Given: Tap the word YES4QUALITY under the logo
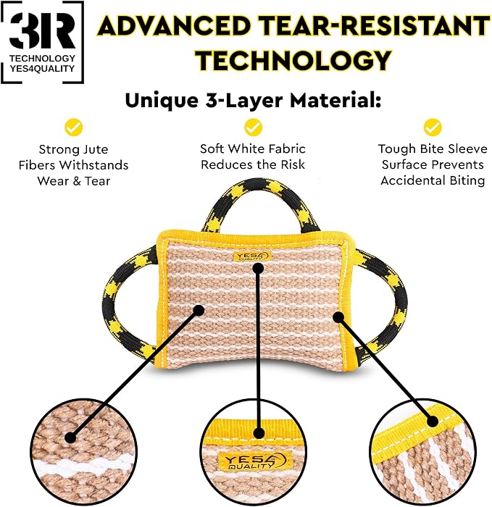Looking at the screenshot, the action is point(42,69).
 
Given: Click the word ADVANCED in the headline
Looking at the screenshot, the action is point(175,25).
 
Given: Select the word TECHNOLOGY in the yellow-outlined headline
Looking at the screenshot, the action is point(294,60).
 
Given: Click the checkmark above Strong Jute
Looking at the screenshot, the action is point(73,127).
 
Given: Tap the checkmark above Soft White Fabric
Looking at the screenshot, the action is point(253,127).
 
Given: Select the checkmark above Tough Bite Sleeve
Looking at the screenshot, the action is point(433,127).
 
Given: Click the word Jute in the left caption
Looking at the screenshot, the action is point(96,149).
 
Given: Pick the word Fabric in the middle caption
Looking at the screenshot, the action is point(289,148).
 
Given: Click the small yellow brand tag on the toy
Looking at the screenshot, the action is point(253,256).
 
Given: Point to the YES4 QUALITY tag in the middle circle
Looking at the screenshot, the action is point(253,460).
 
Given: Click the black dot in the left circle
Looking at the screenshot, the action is point(70,437).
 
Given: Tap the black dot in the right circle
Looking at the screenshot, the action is point(433,422).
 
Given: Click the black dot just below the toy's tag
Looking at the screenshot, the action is point(258,268).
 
